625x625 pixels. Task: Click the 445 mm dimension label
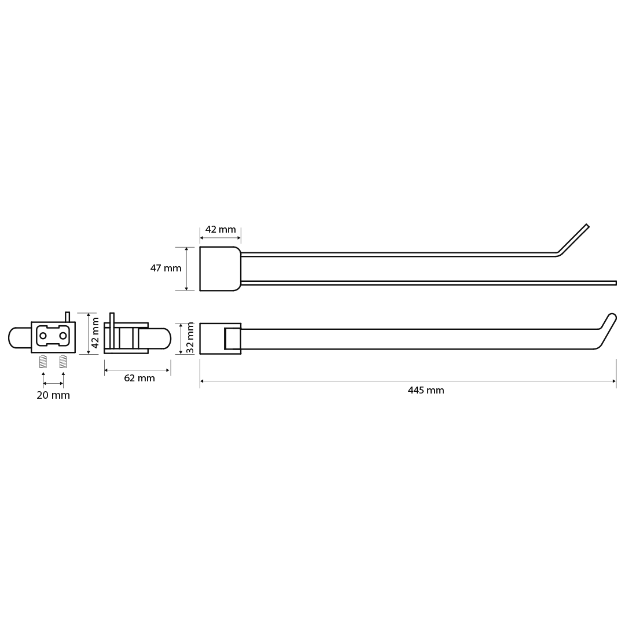click(x=426, y=390)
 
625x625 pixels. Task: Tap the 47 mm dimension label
click(x=166, y=269)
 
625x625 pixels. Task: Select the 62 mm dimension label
click(x=139, y=378)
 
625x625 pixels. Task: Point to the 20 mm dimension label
click(x=53, y=395)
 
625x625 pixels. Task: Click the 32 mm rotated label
click(x=190, y=338)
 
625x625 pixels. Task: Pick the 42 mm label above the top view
click(x=220, y=230)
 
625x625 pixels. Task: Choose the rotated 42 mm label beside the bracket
click(x=95, y=332)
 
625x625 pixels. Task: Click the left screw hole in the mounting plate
click(x=43, y=336)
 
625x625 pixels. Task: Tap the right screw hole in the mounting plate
click(x=63, y=336)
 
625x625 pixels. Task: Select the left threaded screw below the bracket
click(x=43, y=362)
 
